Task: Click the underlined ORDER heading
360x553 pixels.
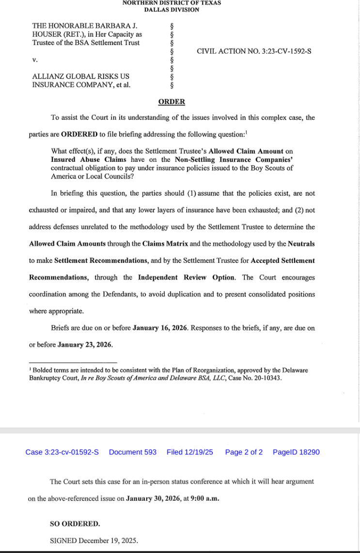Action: click(x=172, y=102)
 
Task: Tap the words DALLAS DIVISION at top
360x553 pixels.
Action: click(x=172, y=10)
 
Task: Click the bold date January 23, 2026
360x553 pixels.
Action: click(x=85, y=345)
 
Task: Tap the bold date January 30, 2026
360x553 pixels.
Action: click(x=153, y=498)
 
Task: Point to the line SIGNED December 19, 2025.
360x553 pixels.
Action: click(x=94, y=540)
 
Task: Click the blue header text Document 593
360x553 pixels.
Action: click(x=133, y=452)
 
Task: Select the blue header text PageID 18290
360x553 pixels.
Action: click(x=296, y=452)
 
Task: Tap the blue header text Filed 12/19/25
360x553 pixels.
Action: click(x=189, y=452)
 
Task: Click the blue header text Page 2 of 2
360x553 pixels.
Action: click(x=244, y=452)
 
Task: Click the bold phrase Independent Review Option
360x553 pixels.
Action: click(x=187, y=277)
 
